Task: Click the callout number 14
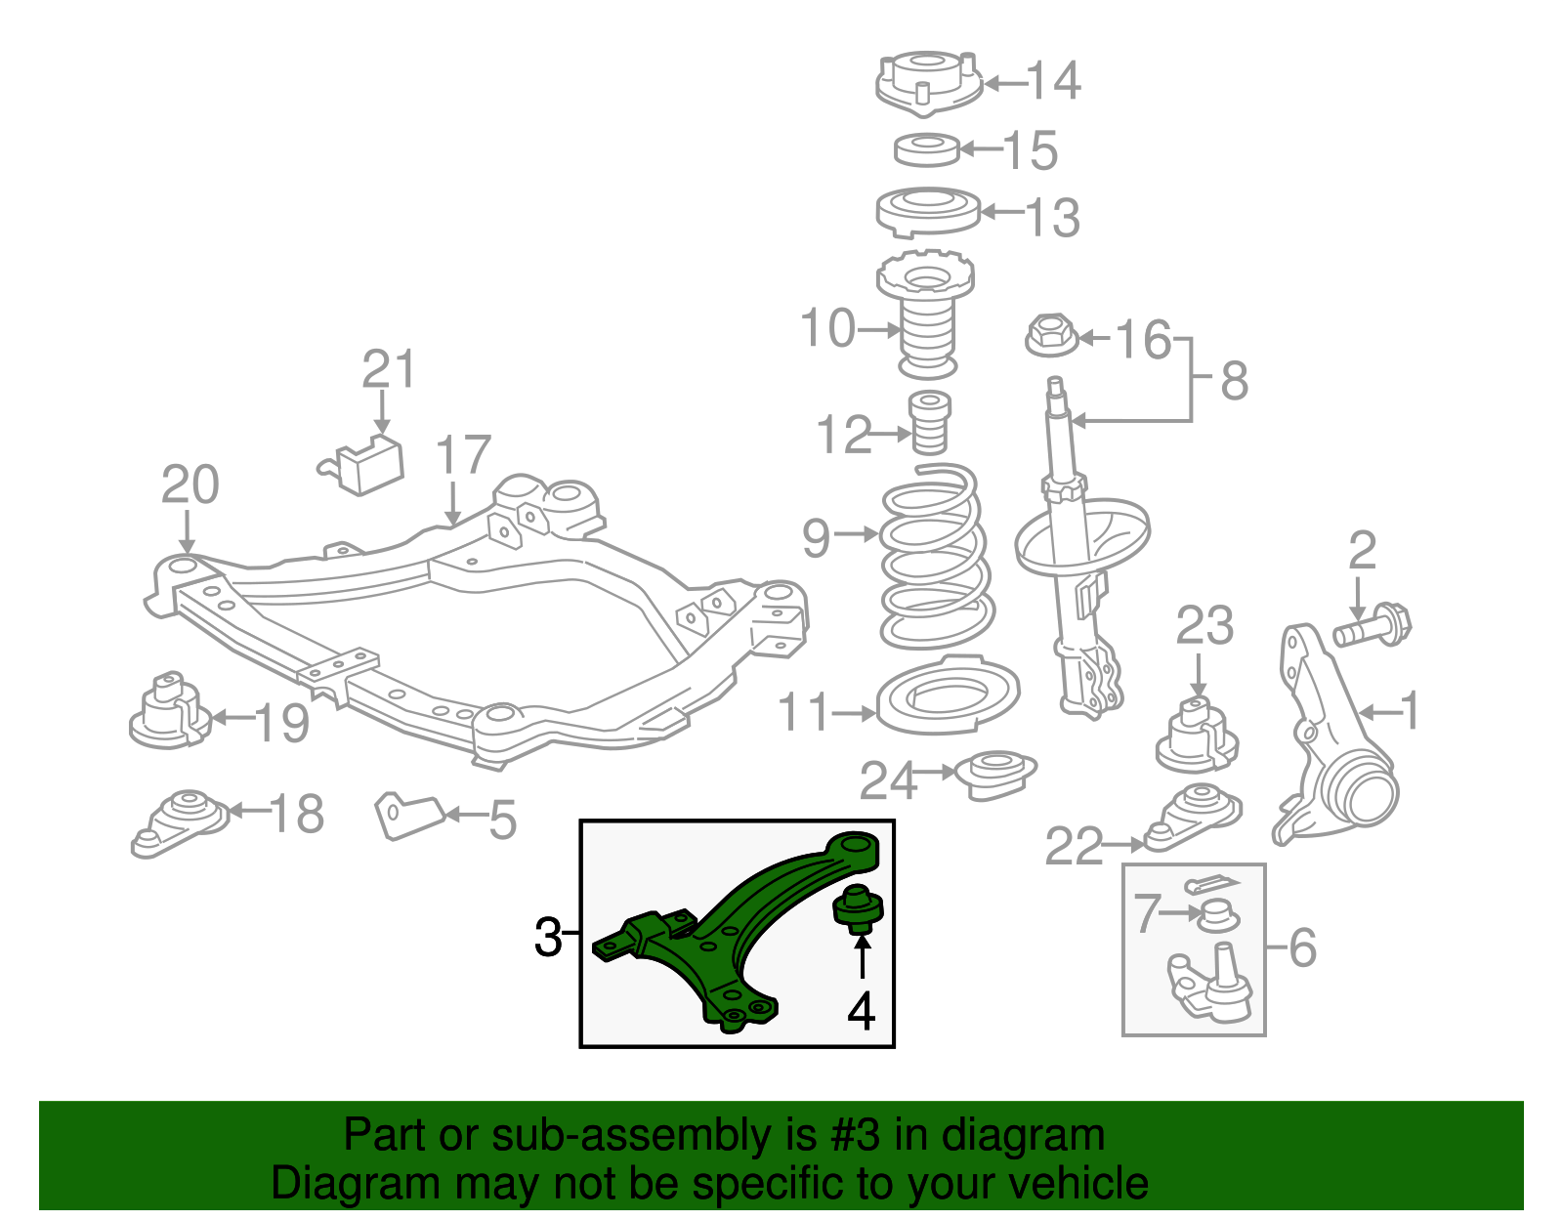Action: point(1053,80)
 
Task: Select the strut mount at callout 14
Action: point(927,84)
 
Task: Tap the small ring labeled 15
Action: point(927,149)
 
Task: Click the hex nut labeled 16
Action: point(1051,336)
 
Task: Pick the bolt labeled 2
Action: point(1373,626)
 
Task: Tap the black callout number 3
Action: point(549,938)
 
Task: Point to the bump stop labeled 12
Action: point(930,422)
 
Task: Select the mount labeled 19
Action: point(168,713)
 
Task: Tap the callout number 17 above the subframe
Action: point(462,456)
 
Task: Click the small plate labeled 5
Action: point(408,814)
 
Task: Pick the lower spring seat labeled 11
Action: point(948,695)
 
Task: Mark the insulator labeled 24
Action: point(994,774)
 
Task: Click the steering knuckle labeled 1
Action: point(1333,742)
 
